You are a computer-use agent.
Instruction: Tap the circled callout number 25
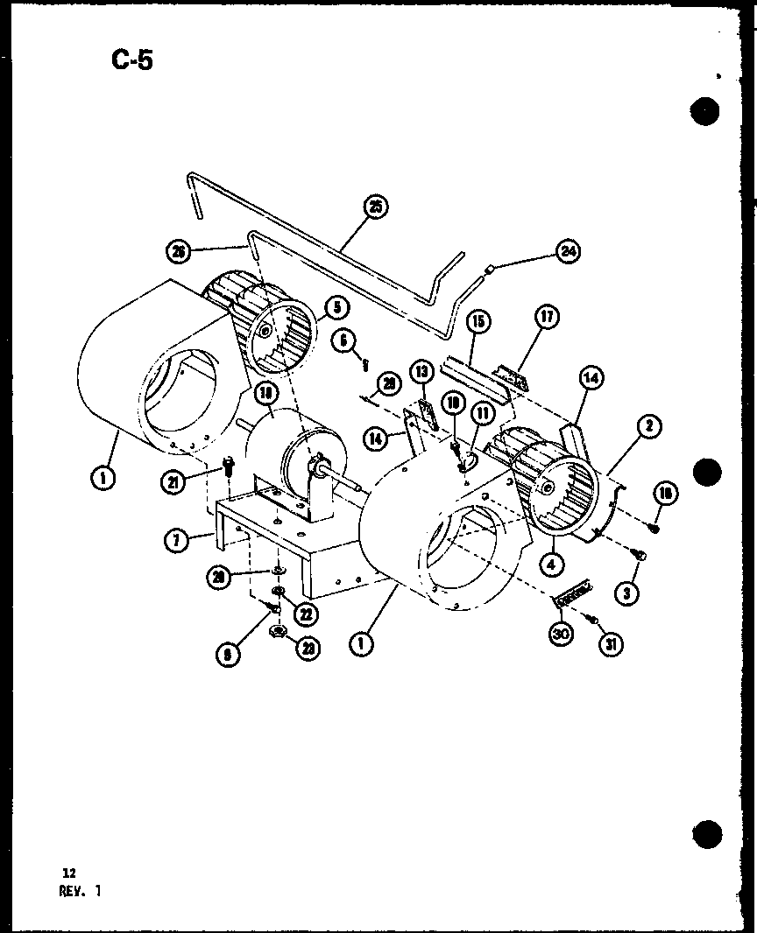click(x=376, y=208)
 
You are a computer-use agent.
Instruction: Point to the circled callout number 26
click(x=180, y=251)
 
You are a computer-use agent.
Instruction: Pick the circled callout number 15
click(x=478, y=323)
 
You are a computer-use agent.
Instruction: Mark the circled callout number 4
click(x=550, y=565)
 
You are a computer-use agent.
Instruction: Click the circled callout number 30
click(x=560, y=635)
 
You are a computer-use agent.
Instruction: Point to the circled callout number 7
click(x=176, y=540)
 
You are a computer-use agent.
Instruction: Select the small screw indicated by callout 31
click(x=594, y=621)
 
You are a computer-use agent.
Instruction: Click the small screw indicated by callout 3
click(x=640, y=554)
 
